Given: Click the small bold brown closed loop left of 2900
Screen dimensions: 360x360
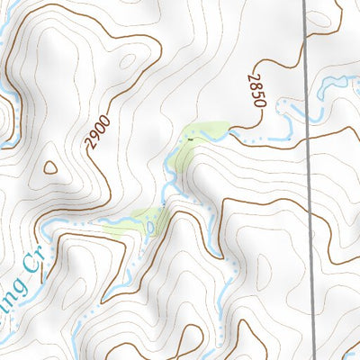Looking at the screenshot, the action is point(49,167).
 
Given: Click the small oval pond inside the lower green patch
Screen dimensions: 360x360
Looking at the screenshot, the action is point(151,226).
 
